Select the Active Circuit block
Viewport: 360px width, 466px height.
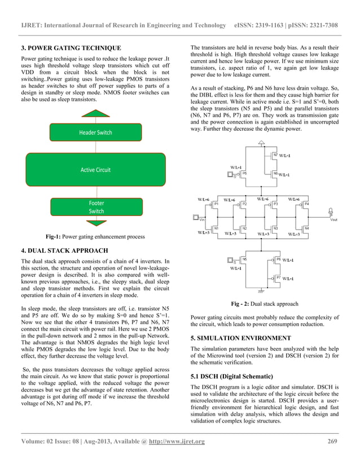(x=95, y=170)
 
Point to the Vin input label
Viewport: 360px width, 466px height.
(x=201, y=219)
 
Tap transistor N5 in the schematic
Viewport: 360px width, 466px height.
(x=244, y=260)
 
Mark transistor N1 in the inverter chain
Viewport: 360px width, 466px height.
(x=215, y=228)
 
